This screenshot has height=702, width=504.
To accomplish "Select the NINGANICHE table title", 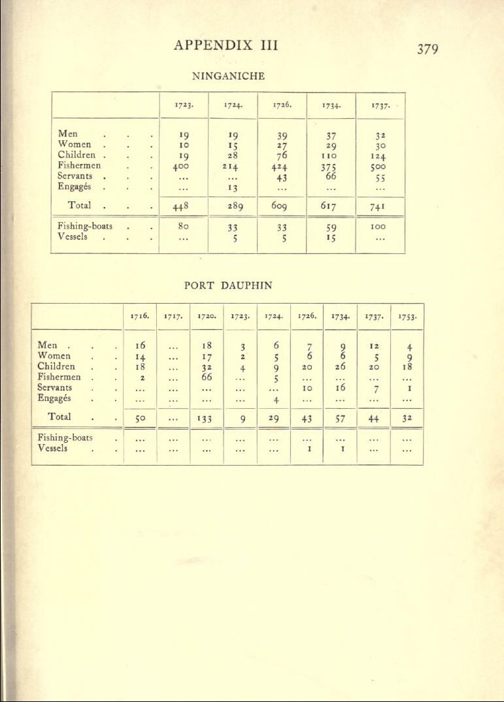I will [228, 76].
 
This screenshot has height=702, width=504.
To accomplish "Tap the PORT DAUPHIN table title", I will [228, 285].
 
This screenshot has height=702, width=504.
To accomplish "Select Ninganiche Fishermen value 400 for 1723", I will [184, 167].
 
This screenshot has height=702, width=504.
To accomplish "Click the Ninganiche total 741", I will [380, 208].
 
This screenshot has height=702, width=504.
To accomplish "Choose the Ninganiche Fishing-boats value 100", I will [380, 227].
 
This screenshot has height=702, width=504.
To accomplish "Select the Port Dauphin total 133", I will [207, 417].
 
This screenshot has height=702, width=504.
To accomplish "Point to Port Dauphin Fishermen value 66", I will [207, 377].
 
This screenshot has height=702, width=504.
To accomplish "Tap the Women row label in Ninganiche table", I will [73, 144].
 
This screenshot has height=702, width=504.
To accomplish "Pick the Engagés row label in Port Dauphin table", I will [55, 398].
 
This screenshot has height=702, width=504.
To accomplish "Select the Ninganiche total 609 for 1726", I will [282, 208].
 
